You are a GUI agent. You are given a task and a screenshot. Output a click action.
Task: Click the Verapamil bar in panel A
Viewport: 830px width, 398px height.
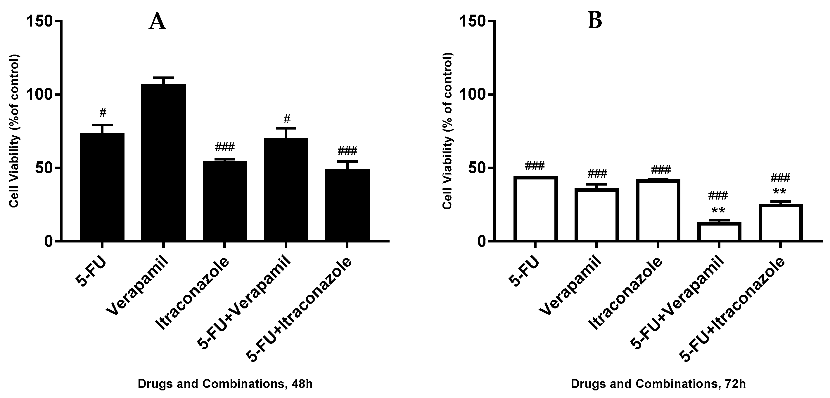coord(163,163)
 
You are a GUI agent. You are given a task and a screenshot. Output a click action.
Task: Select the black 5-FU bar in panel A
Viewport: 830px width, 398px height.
coord(102,187)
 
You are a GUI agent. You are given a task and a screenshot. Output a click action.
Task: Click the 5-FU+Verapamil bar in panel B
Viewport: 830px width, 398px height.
coord(719,232)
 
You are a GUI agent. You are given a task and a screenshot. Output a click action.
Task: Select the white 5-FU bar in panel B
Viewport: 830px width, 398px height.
coord(535,209)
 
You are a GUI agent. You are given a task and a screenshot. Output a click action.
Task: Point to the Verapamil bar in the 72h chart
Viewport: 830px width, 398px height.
coord(597,215)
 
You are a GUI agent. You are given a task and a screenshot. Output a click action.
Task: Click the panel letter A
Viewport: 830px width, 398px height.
coord(157,22)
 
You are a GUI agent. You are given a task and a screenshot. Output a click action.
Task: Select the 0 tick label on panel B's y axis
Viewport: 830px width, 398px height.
coord(481,241)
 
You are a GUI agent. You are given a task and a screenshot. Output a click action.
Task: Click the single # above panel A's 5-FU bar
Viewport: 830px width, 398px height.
coord(103,113)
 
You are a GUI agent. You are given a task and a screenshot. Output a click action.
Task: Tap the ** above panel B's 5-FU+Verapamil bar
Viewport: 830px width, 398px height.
coord(718,211)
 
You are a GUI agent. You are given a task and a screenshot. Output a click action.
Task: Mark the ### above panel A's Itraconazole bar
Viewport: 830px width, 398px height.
coord(224,147)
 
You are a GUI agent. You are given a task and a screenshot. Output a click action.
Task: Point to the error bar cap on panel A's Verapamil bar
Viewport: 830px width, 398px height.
coord(163,78)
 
